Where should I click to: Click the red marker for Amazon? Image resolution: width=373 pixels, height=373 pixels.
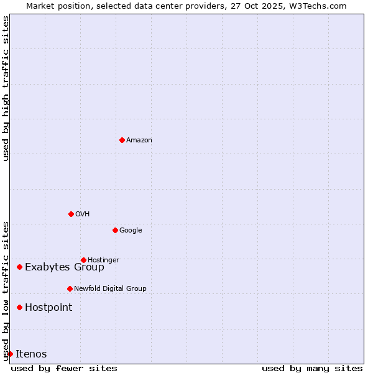(x=122, y=140)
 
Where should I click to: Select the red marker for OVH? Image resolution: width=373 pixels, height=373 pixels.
(x=71, y=214)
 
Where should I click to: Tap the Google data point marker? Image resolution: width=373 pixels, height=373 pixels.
(x=115, y=230)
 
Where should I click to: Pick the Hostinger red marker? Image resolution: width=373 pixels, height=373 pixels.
(x=83, y=260)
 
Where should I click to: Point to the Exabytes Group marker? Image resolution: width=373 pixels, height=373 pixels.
(x=19, y=267)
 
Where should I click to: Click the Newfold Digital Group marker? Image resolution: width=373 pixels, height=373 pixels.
(x=70, y=288)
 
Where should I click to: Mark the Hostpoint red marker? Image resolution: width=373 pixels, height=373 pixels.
(x=19, y=307)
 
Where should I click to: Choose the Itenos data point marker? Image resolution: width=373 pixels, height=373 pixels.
(x=10, y=354)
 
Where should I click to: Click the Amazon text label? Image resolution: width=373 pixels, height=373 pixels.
(x=139, y=140)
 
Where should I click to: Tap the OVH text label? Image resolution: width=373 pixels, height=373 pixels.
(x=83, y=214)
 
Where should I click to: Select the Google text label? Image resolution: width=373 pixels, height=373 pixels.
(x=131, y=231)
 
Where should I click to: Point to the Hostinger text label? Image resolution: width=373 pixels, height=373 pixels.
(x=103, y=260)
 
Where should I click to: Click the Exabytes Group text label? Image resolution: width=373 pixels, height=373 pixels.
(x=65, y=267)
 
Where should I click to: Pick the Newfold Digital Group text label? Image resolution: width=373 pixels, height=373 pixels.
(x=110, y=288)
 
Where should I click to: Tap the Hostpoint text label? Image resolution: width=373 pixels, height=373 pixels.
(x=48, y=308)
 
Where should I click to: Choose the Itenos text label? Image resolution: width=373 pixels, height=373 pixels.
(x=31, y=354)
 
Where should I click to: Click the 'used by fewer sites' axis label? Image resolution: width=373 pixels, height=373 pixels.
(x=64, y=368)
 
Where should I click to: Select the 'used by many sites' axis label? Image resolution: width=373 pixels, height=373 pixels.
(x=312, y=368)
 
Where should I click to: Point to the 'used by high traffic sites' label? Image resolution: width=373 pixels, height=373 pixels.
(x=6, y=88)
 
